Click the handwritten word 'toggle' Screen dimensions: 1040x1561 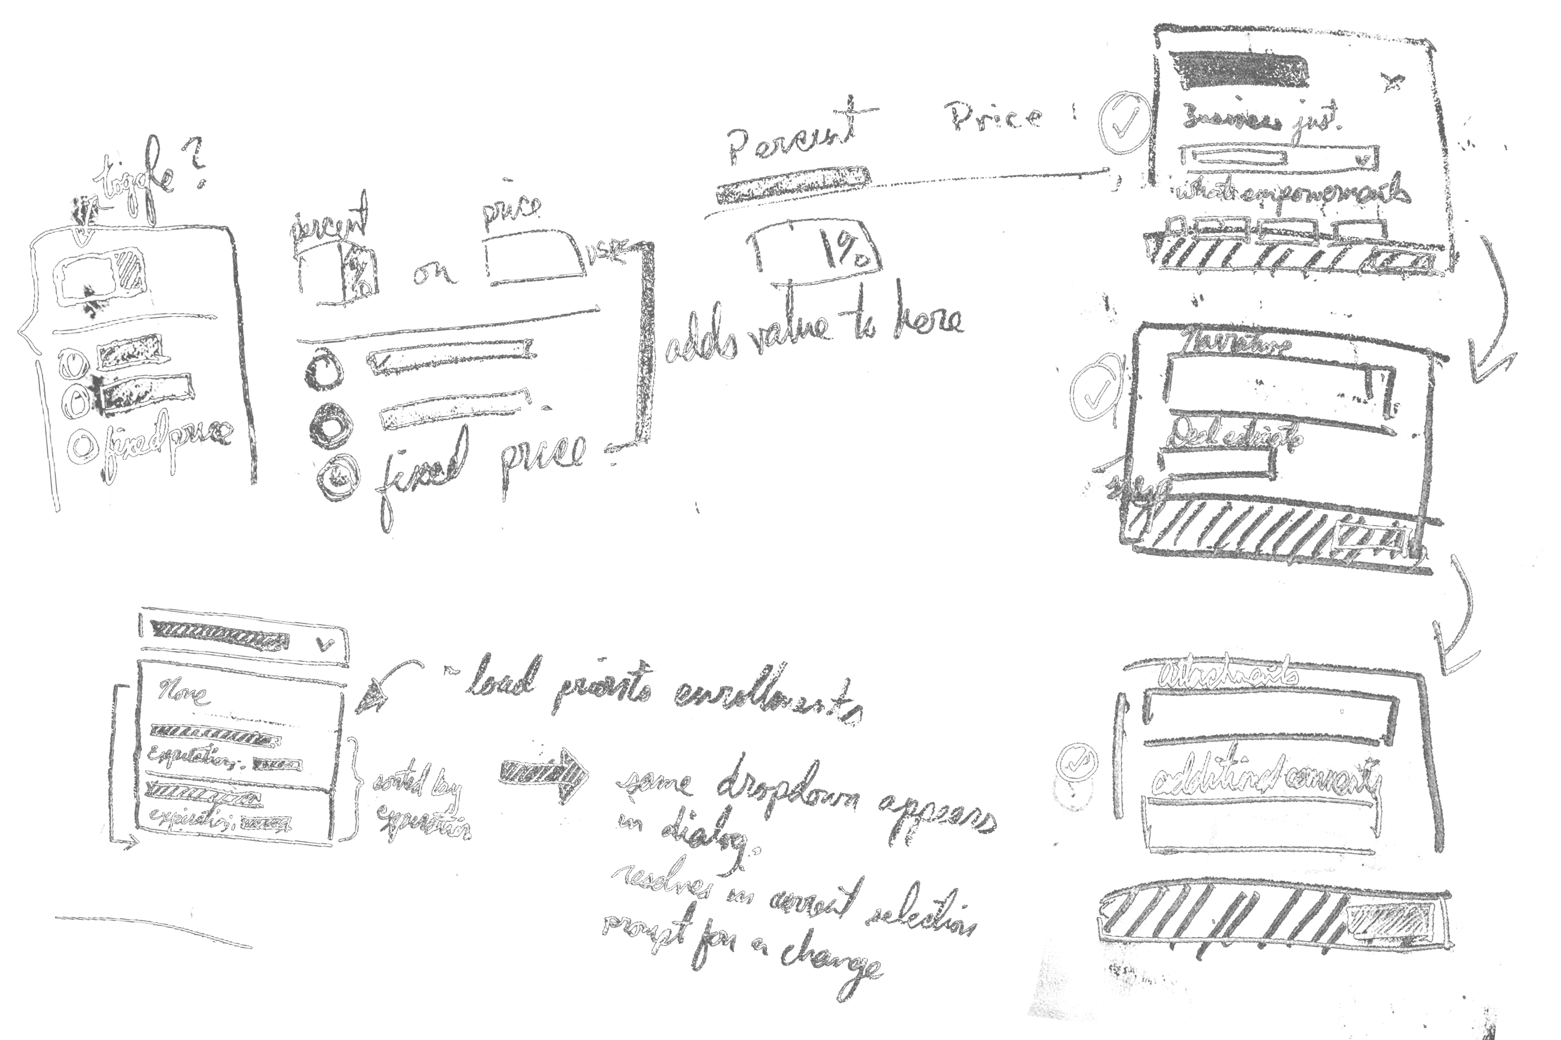click(136, 179)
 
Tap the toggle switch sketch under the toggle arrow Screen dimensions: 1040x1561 click(99, 277)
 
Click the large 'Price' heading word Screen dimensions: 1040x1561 click(995, 116)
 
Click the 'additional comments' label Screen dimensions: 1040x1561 click(1264, 779)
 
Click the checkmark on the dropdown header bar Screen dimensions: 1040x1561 click(326, 643)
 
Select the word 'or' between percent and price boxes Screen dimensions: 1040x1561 click(434, 272)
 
